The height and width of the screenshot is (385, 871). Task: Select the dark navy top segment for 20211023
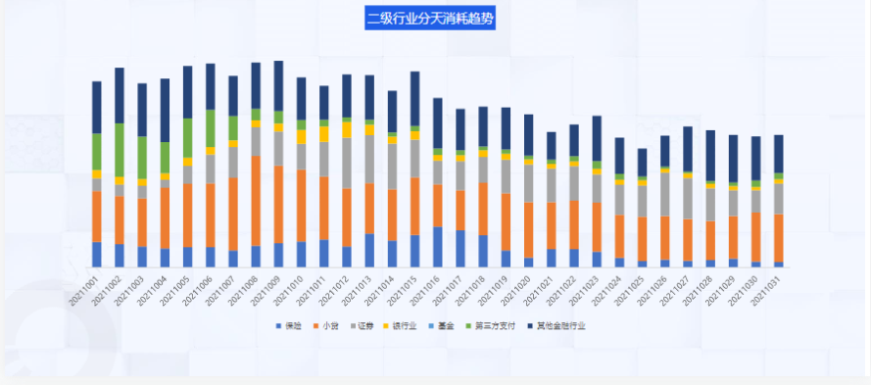[597, 138]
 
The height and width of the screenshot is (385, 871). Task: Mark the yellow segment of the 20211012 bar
[347, 130]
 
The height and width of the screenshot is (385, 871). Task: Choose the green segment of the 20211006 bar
[211, 127]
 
